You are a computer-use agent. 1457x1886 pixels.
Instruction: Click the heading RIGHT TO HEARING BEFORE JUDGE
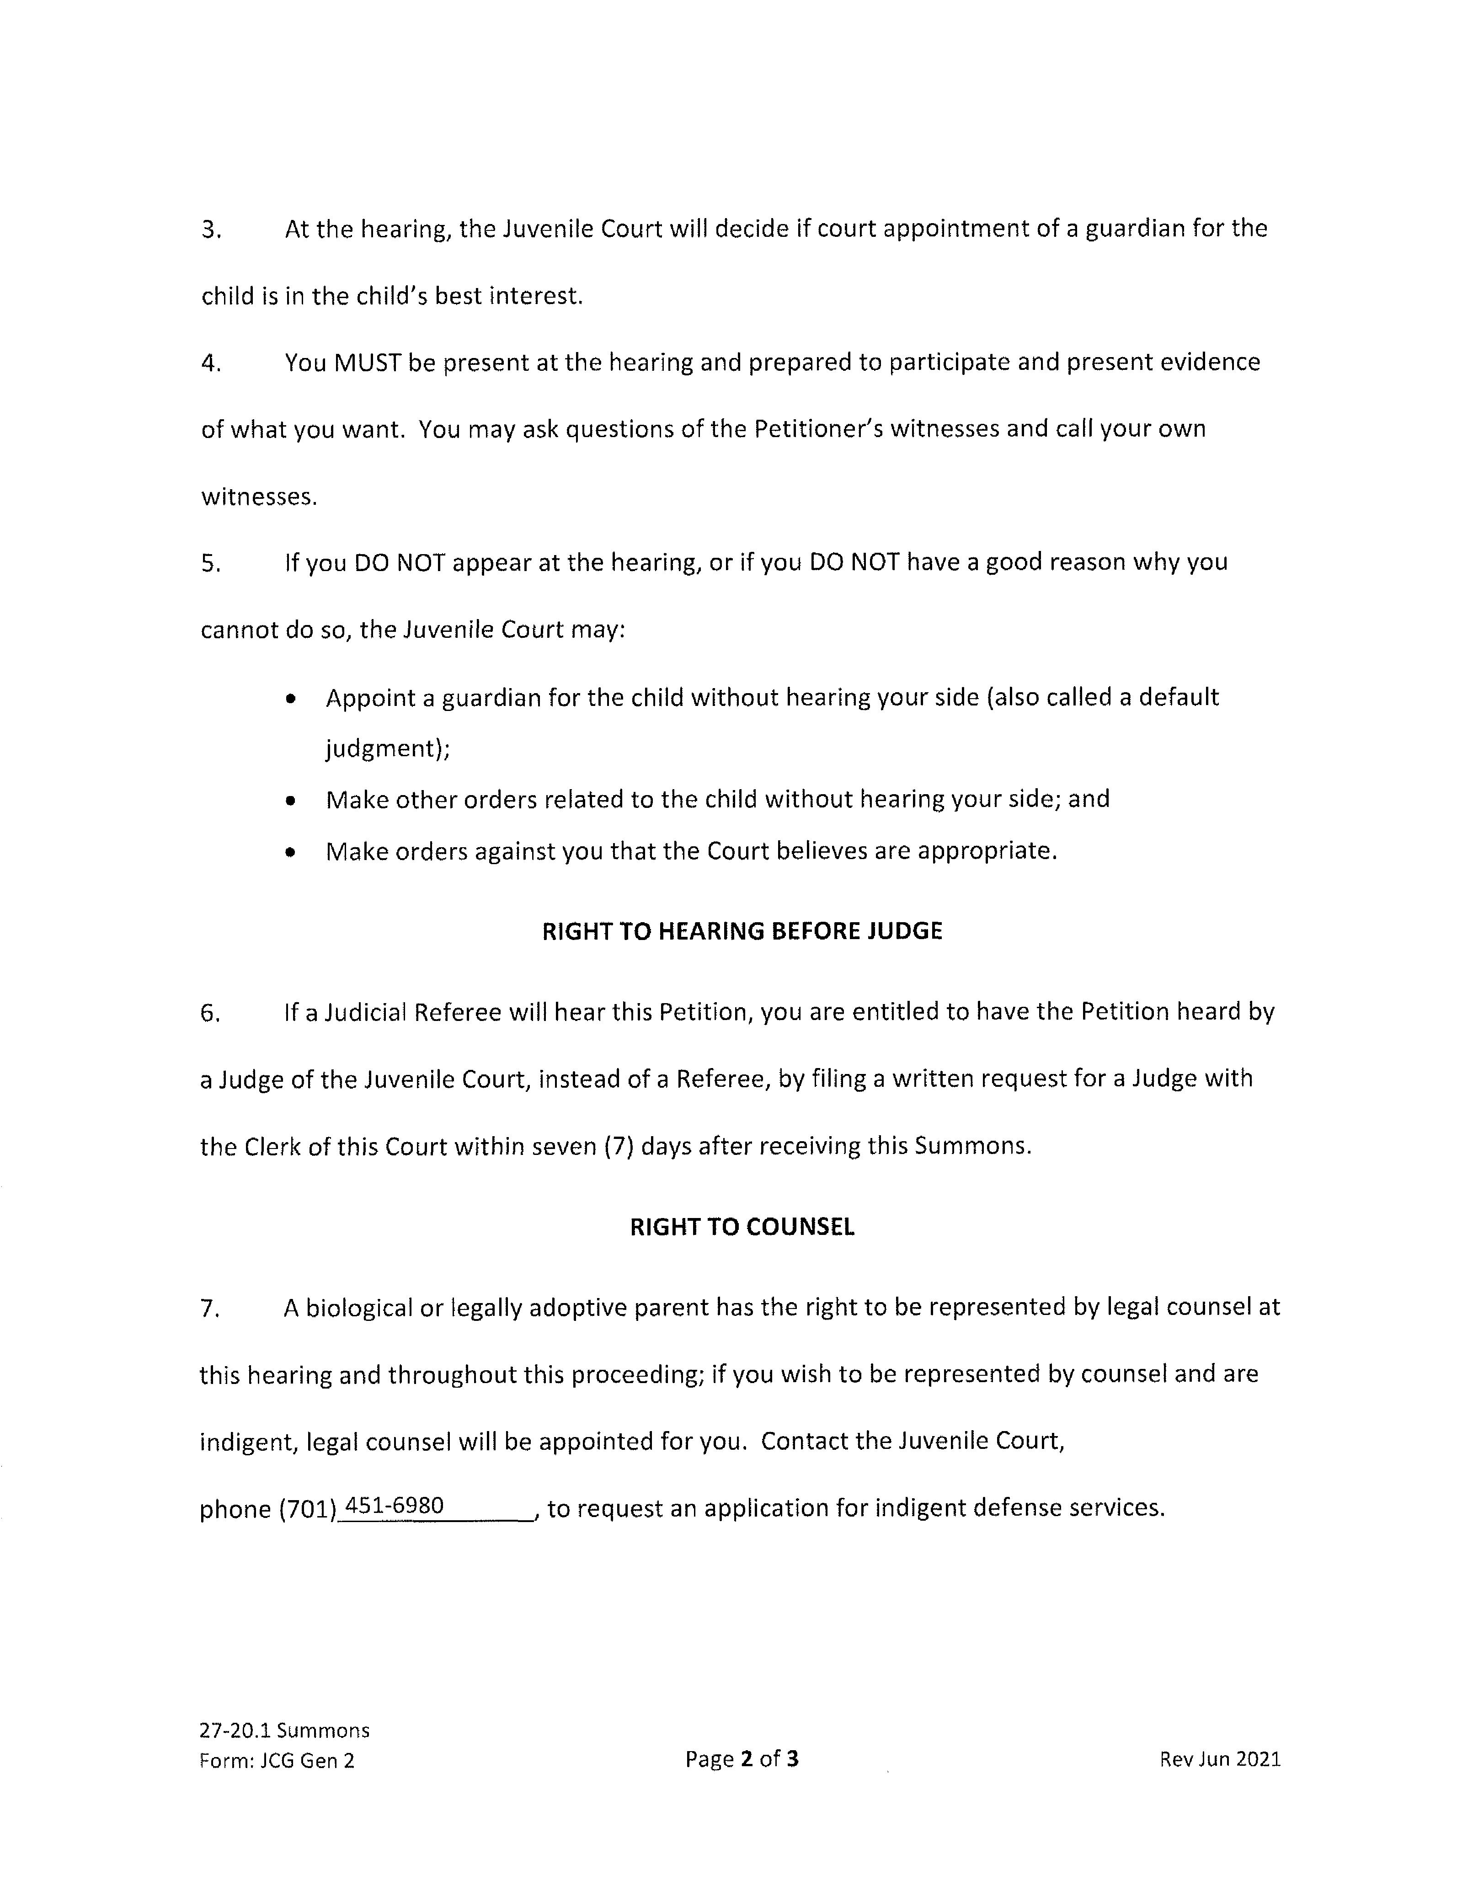click(742, 931)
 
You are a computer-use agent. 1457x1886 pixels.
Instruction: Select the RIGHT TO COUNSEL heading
click(742, 1227)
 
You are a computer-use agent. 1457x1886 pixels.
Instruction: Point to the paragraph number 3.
click(211, 230)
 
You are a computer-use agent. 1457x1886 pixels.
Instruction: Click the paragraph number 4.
click(211, 363)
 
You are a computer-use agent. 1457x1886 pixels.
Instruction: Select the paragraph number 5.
click(211, 563)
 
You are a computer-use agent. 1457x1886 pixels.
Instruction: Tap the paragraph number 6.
click(210, 1013)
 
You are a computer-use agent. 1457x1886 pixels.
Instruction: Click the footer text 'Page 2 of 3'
click(742, 1759)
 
